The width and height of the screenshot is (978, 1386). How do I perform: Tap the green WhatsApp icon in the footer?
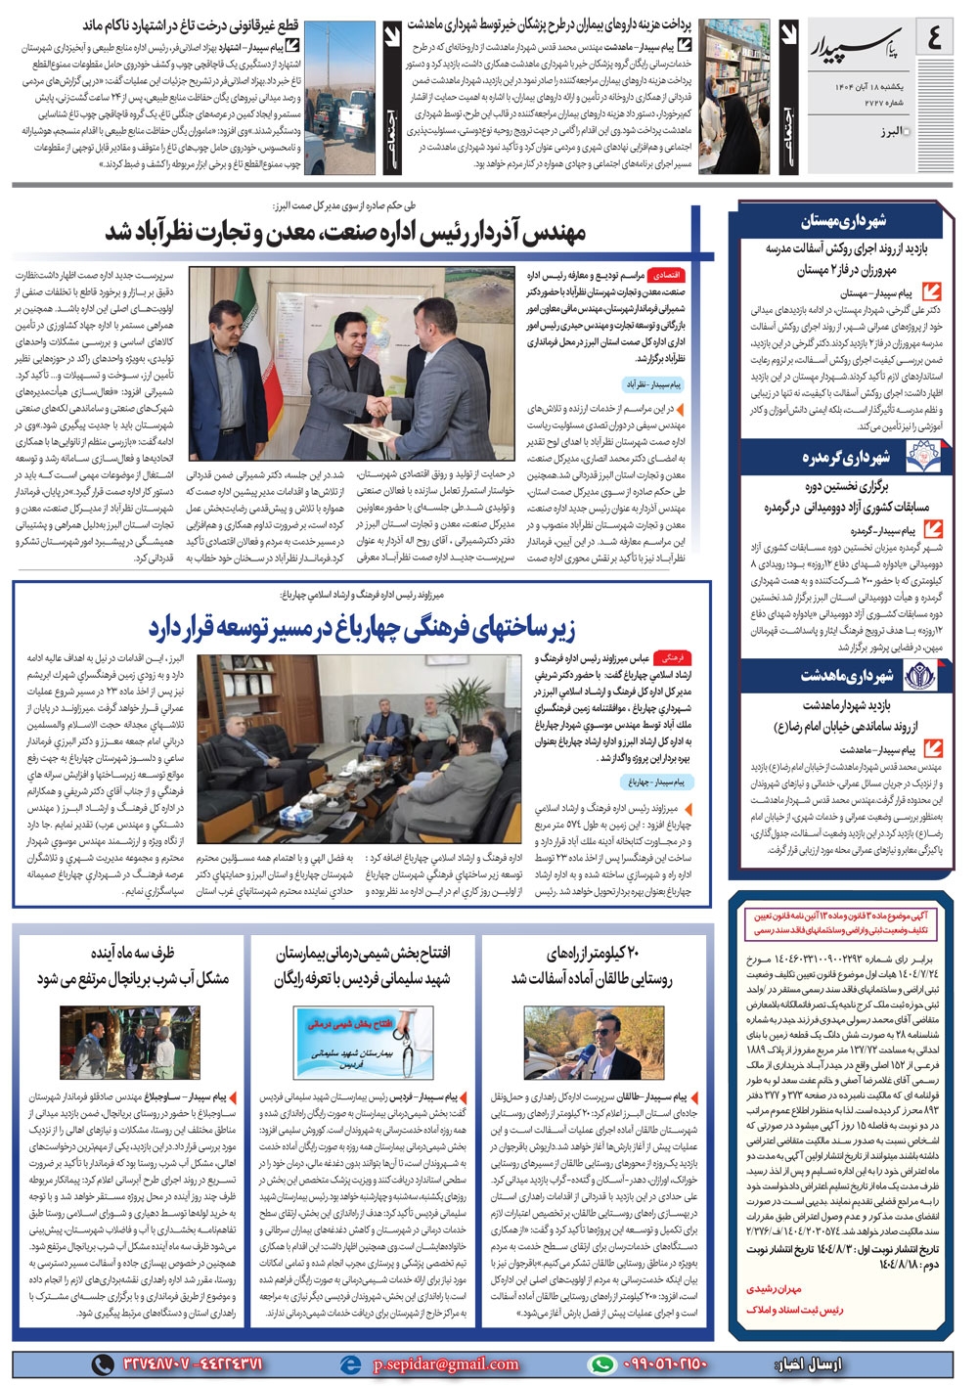[x=602, y=1364]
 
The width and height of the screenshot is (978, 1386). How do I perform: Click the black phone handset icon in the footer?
[x=103, y=1364]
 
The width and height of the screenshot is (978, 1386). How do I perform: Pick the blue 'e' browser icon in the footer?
[x=349, y=1364]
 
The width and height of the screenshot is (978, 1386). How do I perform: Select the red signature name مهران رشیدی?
[x=774, y=1289]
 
